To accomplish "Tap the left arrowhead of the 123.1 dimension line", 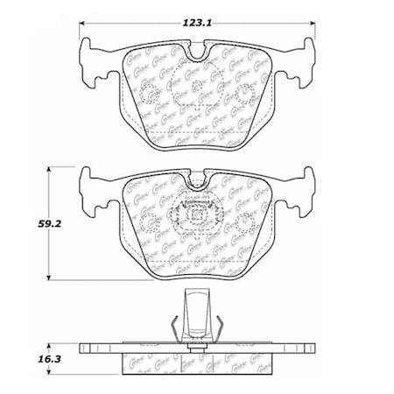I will click(x=81, y=23).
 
